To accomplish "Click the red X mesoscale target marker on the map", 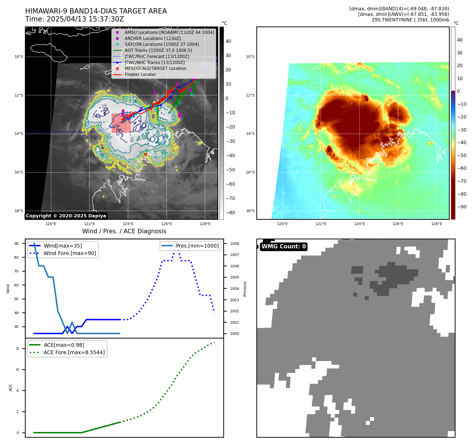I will click(145, 154).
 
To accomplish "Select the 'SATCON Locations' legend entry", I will click(162, 44).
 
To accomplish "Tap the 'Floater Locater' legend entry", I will click(140, 75).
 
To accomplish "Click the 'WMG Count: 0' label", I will click(284, 247).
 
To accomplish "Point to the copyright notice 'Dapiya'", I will click(66, 216).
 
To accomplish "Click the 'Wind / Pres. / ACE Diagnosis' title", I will click(124, 231).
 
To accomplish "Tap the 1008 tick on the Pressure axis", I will click(234, 244).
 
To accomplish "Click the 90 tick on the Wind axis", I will click(16, 244).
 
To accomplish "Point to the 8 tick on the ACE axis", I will click(17, 349).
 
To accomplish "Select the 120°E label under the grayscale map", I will click(51, 224).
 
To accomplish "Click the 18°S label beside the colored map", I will click(250, 211).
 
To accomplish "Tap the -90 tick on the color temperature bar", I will click(462, 207).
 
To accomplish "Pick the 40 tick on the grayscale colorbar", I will click(228, 41).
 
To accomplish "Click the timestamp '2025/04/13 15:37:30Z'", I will click(85, 19).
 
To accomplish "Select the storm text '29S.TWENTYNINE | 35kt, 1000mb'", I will click(410, 20).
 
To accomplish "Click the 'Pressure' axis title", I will click(245, 289).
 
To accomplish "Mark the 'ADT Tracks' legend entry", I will click(158, 51).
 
